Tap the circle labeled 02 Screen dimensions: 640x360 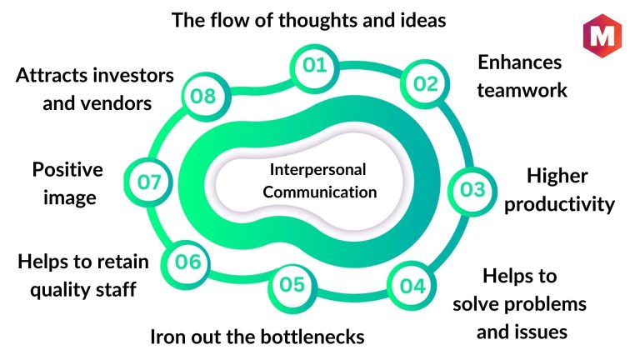coord(425,83)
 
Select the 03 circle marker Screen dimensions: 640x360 coord(472,191)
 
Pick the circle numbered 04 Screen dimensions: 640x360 coord(412,285)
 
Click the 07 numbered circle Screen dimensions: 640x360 coord(148,182)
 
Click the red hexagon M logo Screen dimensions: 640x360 coord(602,36)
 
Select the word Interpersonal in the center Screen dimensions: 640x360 coord(317,169)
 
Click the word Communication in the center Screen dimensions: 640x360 coord(320,192)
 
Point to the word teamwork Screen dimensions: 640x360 coord(522,90)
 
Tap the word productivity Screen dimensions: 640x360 coord(559,204)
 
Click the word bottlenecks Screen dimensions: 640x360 coord(312,337)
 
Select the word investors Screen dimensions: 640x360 coord(133,76)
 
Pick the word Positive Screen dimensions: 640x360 coord(67,169)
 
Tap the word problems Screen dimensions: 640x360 coord(545,304)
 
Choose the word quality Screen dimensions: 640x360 coord(61,290)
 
